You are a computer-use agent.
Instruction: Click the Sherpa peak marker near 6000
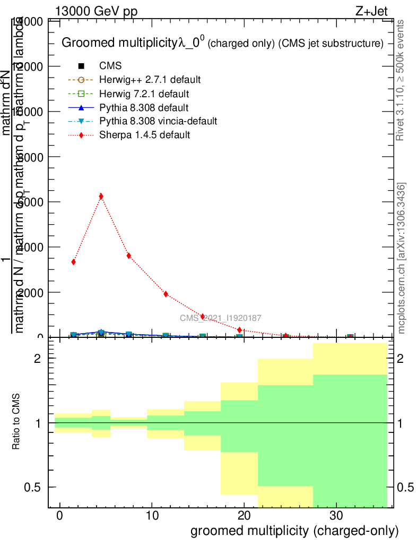[101, 197]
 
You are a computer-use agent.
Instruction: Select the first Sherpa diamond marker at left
[74, 262]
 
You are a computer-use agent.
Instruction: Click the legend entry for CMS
[110, 66]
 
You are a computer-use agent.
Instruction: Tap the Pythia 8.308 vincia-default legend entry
[158, 121]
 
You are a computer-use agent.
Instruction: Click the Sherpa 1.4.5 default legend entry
[144, 135]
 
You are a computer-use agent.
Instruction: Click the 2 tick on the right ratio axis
[401, 359]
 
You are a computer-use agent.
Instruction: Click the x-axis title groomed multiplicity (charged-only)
[294, 531]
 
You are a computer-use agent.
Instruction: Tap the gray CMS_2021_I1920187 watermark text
[220, 318]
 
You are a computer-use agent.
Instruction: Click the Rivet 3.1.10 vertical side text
[401, 80]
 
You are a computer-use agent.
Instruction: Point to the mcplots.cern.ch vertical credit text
[402, 258]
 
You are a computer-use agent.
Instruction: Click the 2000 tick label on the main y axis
[33, 292]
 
